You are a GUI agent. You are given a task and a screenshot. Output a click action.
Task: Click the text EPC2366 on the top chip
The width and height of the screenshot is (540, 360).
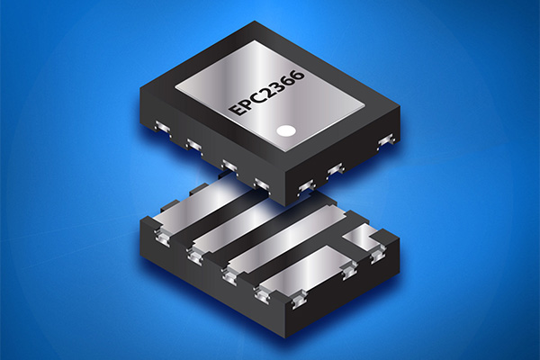(267, 93)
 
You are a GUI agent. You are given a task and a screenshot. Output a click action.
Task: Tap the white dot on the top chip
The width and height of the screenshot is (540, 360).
(286, 130)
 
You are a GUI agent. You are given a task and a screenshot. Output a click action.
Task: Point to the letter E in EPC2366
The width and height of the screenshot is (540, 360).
(237, 110)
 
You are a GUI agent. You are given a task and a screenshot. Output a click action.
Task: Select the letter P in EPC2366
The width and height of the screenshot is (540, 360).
(247, 103)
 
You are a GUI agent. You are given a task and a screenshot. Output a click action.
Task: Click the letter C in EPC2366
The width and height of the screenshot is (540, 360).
(256, 98)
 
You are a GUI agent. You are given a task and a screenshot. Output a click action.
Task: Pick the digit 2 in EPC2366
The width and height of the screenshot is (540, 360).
(268, 91)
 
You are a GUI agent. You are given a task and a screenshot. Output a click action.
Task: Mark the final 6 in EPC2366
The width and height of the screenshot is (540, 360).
(297, 75)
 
